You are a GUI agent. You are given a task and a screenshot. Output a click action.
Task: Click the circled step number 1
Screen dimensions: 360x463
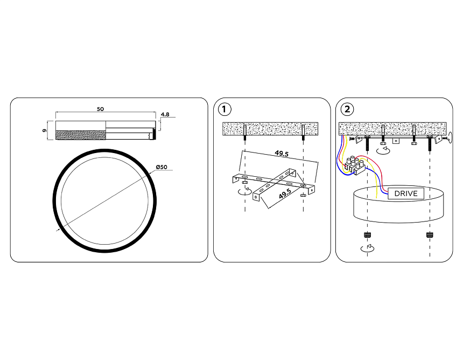pos(225,109)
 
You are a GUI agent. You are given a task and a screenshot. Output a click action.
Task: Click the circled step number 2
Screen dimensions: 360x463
pos(347,109)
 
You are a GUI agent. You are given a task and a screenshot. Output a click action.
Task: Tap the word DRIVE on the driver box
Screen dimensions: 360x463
pos(405,193)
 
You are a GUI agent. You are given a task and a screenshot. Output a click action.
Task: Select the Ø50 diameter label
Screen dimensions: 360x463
pos(162,167)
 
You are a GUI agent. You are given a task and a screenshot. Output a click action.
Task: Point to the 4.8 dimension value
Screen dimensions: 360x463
pos(165,114)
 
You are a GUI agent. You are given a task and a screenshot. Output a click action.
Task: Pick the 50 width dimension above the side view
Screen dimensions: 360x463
pos(100,109)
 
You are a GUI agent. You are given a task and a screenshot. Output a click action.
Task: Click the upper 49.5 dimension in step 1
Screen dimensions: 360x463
pos(282,154)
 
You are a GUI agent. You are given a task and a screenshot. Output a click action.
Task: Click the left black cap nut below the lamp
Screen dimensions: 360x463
pos(367,234)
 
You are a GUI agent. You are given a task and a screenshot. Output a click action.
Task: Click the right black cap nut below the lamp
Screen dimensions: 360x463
pos(430,234)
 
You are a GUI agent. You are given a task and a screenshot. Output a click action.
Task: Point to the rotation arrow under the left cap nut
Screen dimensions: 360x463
pos(367,248)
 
